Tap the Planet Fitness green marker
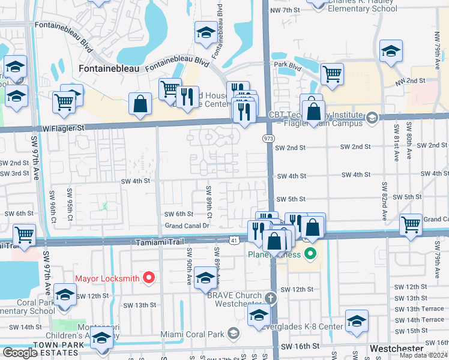[x=310, y=254]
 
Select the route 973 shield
[x=268, y=138]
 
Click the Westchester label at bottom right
[x=397, y=348]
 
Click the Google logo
[x=20, y=352]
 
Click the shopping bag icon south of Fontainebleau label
[x=140, y=104]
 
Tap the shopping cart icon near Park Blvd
[x=332, y=74]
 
